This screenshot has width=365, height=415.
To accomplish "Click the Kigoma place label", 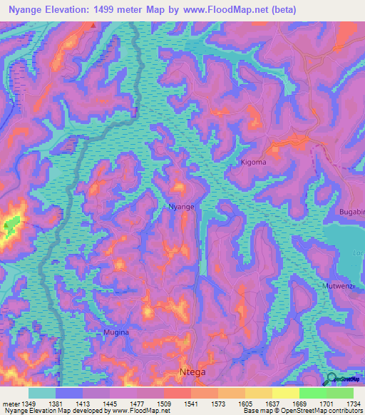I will coord(273,163).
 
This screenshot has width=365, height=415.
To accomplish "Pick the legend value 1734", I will coord(352,403).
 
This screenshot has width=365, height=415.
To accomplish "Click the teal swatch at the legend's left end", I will coord(42,393).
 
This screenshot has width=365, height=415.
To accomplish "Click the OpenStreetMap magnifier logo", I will coord(330,379).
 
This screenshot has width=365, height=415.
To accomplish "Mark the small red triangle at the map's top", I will coord(93,25).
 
